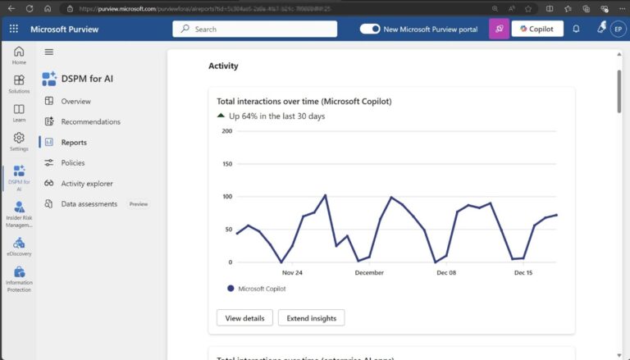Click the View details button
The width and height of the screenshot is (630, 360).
click(x=244, y=318)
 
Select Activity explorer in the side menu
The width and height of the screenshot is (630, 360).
click(x=87, y=184)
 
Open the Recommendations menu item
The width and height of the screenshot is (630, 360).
click(x=90, y=122)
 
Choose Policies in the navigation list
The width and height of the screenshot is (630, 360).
click(x=73, y=163)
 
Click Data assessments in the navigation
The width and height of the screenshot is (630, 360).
click(x=89, y=204)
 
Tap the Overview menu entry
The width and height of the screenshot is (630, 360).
click(x=75, y=102)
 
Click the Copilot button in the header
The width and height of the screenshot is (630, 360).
click(x=537, y=29)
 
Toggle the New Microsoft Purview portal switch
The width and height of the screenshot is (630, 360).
click(x=370, y=29)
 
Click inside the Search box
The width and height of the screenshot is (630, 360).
click(x=254, y=29)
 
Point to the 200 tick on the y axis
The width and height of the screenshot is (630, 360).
click(x=226, y=130)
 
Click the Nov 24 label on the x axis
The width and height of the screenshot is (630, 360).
click(x=292, y=273)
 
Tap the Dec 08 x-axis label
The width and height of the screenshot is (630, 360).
click(x=446, y=273)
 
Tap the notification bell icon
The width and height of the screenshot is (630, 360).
click(x=576, y=29)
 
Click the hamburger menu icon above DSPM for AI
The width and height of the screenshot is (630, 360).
click(x=48, y=52)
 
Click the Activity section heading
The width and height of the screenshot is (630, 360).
click(x=223, y=66)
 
